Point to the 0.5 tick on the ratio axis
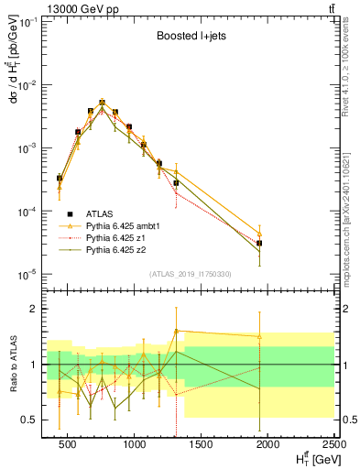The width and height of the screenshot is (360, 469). coord(31,420)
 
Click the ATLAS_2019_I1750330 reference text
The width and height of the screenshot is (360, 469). coord(189,274)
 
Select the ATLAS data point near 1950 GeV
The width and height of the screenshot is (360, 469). coord(259,243)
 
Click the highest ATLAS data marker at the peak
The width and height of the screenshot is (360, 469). coord(103,104)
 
